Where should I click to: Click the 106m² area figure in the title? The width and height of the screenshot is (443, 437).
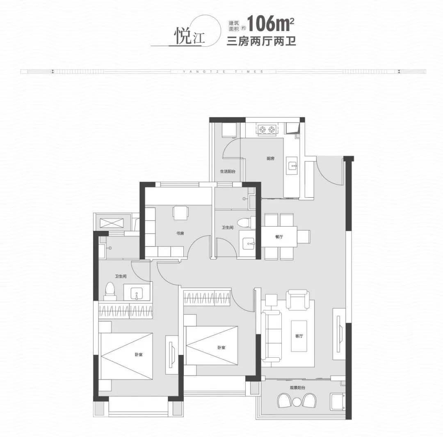270,23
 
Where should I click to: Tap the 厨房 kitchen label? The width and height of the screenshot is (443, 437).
270,159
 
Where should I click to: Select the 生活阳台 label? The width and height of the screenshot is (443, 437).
228,171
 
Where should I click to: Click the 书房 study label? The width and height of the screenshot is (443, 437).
180,233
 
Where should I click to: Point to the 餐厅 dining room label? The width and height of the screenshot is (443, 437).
279,237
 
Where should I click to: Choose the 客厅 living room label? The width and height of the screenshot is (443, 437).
299,336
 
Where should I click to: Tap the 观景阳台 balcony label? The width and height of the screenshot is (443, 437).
297,388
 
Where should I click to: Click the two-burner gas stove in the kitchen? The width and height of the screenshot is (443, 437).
267,129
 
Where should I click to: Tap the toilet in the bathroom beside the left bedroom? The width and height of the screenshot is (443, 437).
110,291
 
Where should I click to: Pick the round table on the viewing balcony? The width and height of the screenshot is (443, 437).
297,402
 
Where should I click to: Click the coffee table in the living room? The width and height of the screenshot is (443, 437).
299,336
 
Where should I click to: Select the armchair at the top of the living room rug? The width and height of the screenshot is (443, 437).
297,299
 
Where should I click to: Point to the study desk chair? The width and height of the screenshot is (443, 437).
181,213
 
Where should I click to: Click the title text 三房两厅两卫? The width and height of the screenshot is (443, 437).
262,41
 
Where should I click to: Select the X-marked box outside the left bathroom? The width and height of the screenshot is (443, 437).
112,223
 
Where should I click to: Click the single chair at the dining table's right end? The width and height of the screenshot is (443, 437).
304,237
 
